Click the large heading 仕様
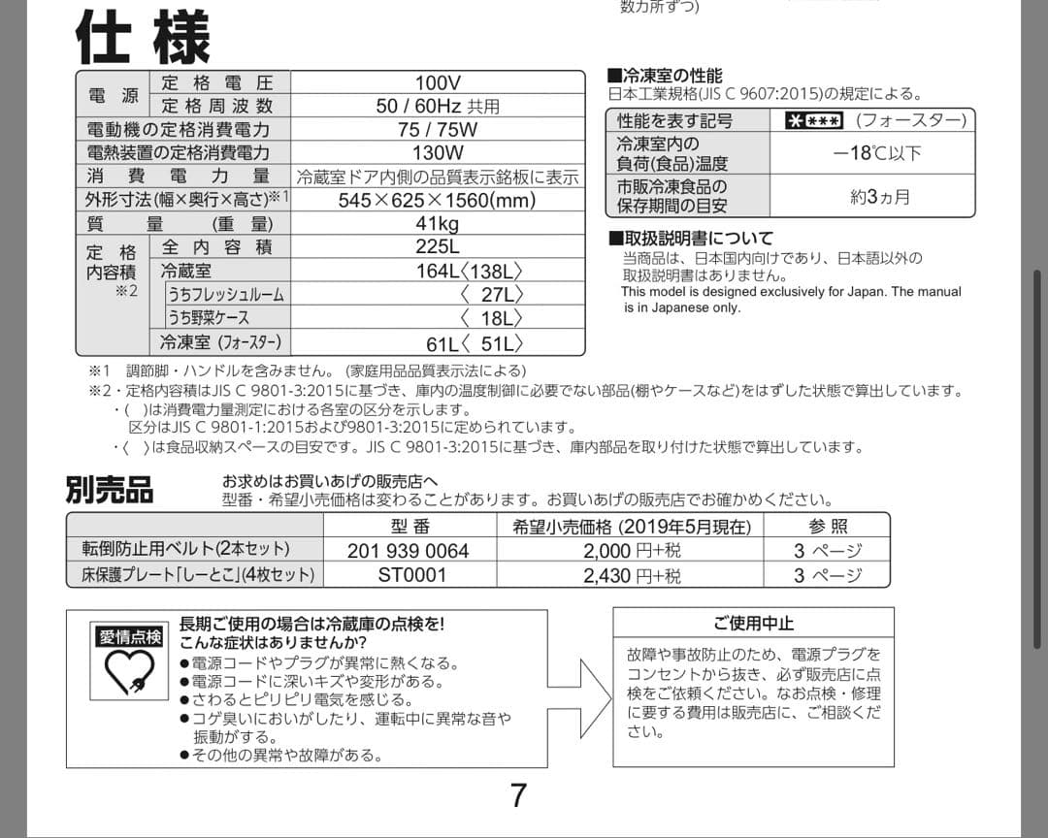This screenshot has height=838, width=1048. coord(143,39)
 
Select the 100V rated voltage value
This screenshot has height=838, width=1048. coord(438,83)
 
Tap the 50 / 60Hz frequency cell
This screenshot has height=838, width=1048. coord(438,106)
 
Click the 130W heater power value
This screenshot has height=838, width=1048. coord(438,152)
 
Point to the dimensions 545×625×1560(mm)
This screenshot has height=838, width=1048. coord(438,200)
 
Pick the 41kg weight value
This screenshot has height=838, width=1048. coord(438,223)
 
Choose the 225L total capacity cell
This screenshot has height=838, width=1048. coord(438,246)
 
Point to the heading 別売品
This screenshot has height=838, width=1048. coord(110,489)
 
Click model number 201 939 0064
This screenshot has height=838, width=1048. coord(408,551)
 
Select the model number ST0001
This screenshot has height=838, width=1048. coord(412,575)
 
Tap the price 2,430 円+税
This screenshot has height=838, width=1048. coord(632,575)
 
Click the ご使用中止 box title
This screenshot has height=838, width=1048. coord(753,623)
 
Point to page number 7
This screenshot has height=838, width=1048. coord(519,795)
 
